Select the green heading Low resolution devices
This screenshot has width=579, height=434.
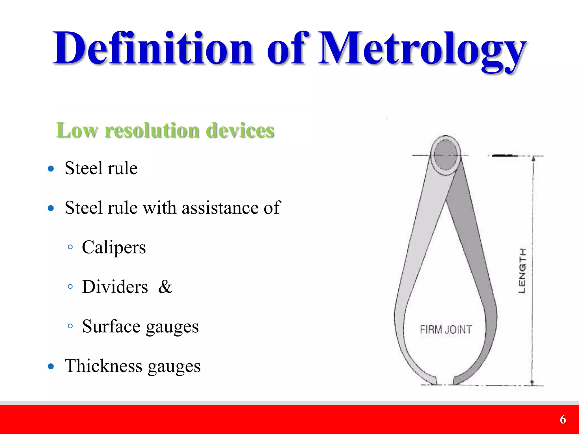(x=165, y=130)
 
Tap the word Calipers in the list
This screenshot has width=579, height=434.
(x=114, y=247)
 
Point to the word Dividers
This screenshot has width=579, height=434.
(x=115, y=287)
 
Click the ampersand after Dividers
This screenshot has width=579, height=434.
(x=165, y=287)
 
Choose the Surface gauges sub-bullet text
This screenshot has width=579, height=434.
(x=140, y=326)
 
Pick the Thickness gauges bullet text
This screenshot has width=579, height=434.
(x=133, y=366)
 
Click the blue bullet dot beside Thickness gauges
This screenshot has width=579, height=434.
(x=51, y=366)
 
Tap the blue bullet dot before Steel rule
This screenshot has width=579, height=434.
(x=51, y=169)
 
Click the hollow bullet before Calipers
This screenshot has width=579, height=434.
(x=70, y=247)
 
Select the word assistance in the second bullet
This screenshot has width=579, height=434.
(x=220, y=208)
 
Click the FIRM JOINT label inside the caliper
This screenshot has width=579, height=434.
(x=446, y=329)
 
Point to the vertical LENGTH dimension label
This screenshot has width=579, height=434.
(x=522, y=271)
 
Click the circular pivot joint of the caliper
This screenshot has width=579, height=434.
(x=446, y=155)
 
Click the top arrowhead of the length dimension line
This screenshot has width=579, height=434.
(x=533, y=158)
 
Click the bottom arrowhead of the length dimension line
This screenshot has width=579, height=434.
(x=532, y=383)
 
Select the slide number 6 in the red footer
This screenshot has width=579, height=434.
(x=563, y=420)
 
